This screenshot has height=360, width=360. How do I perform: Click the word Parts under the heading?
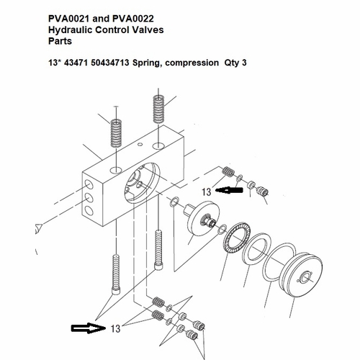tap(60, 41)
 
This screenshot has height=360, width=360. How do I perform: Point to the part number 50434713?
tap(110, 63)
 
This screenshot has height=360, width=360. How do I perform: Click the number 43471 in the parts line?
tap(76, 63)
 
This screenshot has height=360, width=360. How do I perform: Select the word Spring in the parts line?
tap(148, 63)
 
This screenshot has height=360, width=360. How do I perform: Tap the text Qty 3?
tap(235, 63)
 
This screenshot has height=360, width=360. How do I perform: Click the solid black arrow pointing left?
tap(229, 190)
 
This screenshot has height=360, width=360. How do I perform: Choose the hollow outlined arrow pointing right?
tap(88, 328)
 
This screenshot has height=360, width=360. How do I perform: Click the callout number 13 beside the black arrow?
tap(206, 192)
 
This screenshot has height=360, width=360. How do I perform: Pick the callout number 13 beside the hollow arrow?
tap(115, 328)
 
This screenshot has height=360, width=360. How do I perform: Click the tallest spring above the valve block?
tap(158, 109)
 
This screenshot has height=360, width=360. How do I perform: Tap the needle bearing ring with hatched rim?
tap(236, 238)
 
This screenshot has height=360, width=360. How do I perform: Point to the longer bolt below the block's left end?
tap(117, 275)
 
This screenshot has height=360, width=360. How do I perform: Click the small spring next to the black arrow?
tap(228, 171)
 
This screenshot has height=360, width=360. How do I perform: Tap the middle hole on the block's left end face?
tap(89, 198)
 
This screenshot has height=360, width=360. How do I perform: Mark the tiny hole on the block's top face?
tap(140, 144)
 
